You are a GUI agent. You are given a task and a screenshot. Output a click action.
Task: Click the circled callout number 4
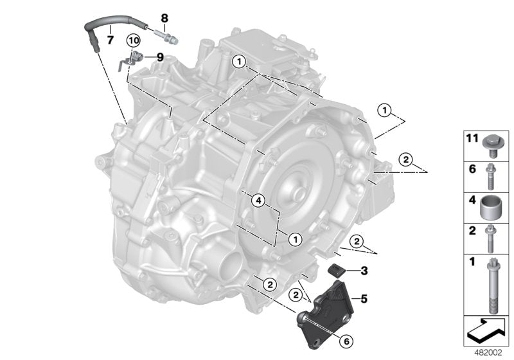coord(258,201)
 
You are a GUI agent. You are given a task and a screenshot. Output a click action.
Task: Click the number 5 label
coord(364,298)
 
